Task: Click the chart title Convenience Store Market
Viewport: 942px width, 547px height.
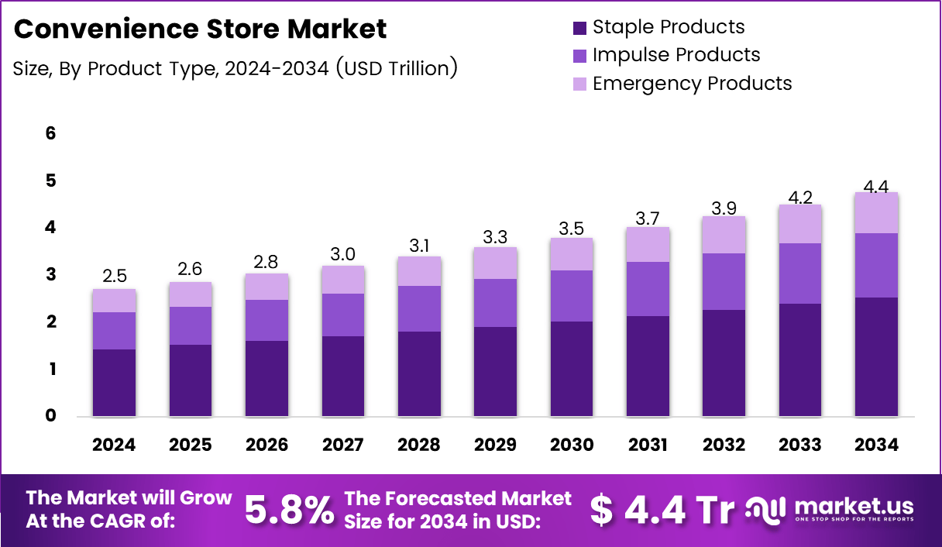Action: (200, 29)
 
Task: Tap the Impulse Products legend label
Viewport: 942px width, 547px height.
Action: (676, 55)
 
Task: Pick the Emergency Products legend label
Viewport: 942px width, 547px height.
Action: (692, 83)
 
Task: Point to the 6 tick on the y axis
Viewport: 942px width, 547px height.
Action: (50, 133)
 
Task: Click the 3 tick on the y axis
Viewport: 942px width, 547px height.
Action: (50, 275)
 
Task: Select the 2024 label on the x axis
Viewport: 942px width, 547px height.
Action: (114, 445)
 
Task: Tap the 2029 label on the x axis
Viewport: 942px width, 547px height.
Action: (495, 445)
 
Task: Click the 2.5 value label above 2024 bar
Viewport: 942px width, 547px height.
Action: (114, 277)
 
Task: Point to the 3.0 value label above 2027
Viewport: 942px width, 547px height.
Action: (342, 253)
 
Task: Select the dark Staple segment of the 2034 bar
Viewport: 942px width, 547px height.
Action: (876, 356)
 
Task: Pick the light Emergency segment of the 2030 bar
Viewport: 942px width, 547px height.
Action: (571, 254)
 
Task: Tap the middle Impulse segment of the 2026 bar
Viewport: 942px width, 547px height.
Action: (266, 320)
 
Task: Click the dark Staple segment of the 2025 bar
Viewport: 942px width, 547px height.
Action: (191, 380)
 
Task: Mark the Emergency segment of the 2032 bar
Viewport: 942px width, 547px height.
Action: (724, 235)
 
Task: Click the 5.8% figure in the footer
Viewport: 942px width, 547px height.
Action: (290, 510)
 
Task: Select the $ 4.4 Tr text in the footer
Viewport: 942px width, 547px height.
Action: (662, 509)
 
